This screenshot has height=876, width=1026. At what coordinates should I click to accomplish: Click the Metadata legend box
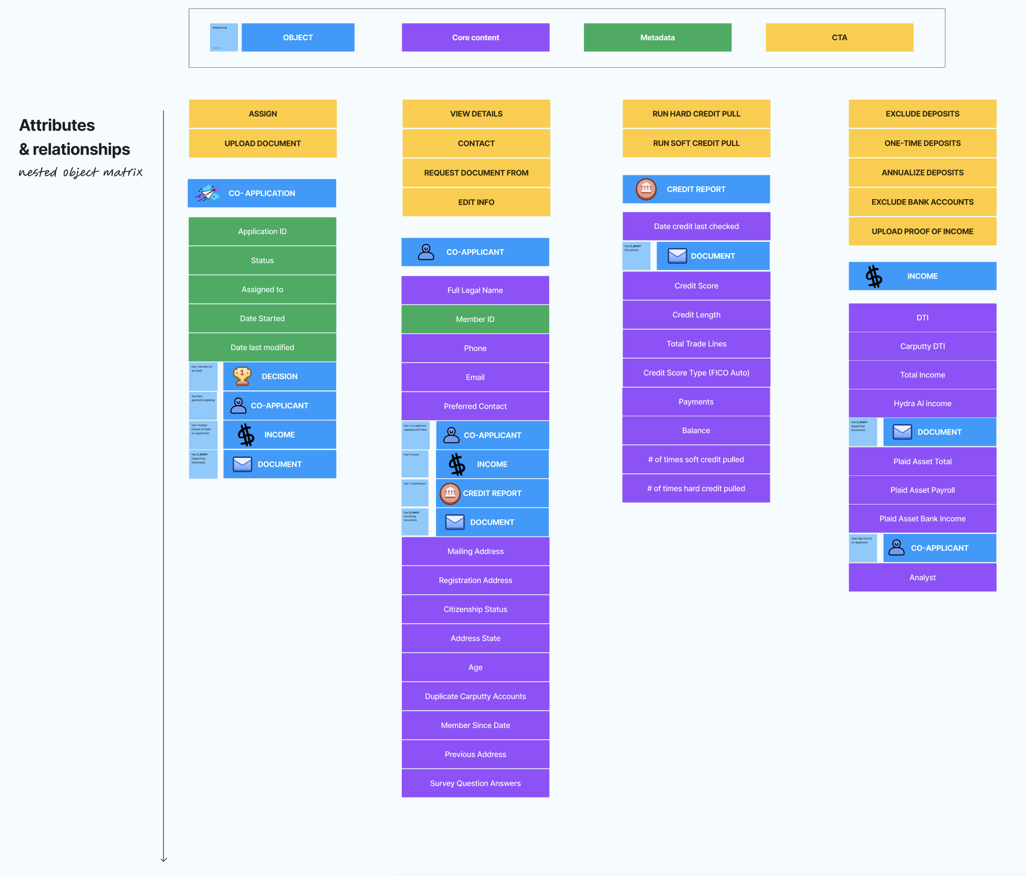pos(657,37)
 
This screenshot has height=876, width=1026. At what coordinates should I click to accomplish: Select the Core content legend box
pos(475,37)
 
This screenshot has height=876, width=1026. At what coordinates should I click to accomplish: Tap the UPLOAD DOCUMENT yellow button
pos(262,144)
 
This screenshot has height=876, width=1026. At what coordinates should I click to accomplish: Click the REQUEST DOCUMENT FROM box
pos(476,173)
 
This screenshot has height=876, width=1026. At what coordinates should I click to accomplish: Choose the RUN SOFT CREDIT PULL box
pos(696,143)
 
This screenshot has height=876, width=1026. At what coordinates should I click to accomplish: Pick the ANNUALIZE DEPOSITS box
pos(922,172)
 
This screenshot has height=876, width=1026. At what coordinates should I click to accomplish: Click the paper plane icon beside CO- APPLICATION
pos(207,193)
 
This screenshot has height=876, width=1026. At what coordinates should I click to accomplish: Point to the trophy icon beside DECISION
pos(242,376)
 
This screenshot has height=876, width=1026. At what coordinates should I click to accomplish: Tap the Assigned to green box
pos(262,290)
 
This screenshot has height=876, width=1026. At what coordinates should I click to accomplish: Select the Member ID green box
pos(475,319)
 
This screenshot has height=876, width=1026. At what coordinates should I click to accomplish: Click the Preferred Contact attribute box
pos(475,406)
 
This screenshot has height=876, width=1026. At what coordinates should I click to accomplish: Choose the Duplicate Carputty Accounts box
pos(475,696)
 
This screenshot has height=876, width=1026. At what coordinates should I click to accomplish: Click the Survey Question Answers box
pos(475,783)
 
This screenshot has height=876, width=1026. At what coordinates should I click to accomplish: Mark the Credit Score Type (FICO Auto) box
pos(696,373)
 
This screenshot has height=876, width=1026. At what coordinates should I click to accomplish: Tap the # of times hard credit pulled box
pos(696,489)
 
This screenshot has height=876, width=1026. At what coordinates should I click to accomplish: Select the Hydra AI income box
pos(922,404)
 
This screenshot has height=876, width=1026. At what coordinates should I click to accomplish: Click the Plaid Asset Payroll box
pos(922,490)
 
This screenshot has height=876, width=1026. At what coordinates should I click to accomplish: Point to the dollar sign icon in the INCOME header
pos(874,276)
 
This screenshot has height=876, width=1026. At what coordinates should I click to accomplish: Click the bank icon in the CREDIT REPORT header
pos(646,189)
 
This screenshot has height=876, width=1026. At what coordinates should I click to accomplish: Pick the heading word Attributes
pos(57,125)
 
